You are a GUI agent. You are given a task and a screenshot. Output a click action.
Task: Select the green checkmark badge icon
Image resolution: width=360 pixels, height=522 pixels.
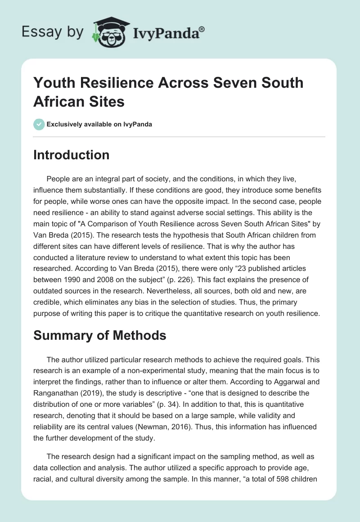pyautogui.click(x=39, y=124)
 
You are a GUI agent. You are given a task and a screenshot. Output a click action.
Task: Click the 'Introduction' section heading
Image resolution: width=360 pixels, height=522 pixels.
pyautogui.click(x=72, y=155)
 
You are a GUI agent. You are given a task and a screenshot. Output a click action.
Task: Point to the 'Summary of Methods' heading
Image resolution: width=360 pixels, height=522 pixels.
pyautogui.click(x=100, y=335)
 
